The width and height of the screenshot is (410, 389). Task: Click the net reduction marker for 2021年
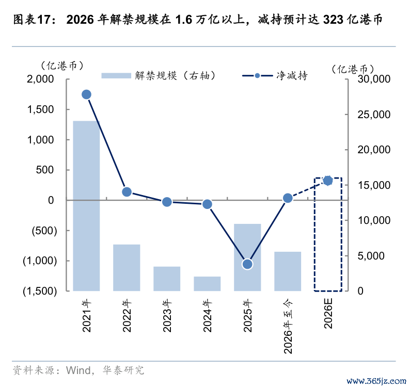point(87,94)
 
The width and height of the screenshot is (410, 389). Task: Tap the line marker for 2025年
point(247,264)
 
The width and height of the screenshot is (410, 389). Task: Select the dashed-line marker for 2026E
point(328,181)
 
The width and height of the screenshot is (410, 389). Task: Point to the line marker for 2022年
point(127,192)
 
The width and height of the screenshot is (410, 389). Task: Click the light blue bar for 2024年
point(207,284)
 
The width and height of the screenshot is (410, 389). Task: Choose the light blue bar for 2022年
point(127,268)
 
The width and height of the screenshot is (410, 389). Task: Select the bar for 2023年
point(167,279)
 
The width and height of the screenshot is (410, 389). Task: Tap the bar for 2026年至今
point(288,271)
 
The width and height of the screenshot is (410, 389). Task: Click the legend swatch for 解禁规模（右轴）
point(116,75)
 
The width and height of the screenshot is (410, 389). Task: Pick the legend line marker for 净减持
point(258,76)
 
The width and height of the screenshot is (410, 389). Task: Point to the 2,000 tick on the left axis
point(40,79)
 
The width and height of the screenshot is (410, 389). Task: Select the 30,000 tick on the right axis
point(374,79)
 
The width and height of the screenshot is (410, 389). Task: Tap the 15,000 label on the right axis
point(374,185)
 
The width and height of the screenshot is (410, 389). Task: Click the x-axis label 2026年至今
point(288,326)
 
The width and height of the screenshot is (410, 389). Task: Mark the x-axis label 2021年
point(87,316)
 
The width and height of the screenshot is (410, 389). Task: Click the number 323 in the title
point(333,20)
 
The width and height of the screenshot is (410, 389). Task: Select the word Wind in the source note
point(78,370)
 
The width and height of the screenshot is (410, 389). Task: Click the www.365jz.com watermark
point(376,381)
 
